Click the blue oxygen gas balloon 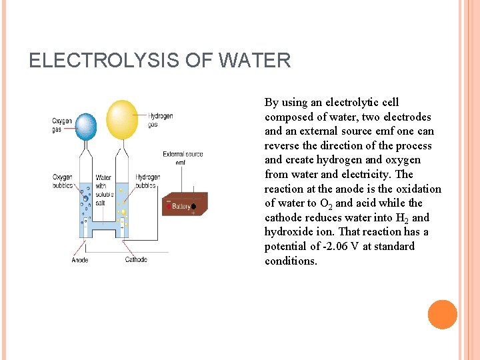(x=85, y=127)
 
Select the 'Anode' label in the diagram (x=79, y=259)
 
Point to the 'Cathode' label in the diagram (x=136, y=259)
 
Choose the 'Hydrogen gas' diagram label (x=161, y=119)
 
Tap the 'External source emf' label (x=183, y=158)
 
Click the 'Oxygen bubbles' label (x=63, y=181)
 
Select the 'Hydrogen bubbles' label (x=148, y=181)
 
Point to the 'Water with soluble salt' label (x=105, y=190)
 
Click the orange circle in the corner (x=442, y=315)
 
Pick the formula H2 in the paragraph (x=403, y=218)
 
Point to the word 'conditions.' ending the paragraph (x=291, y=261)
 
